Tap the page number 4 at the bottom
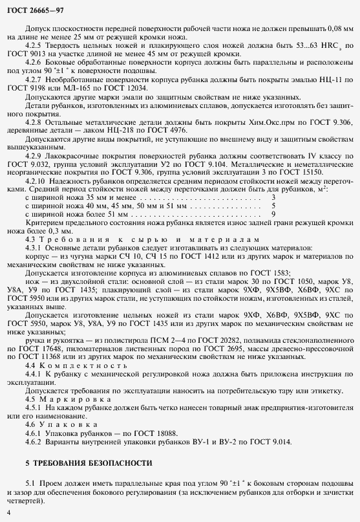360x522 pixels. click(x=8, y=512)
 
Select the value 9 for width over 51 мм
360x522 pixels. click(x=273, y=231)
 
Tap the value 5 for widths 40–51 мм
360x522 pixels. click(x=273, y=223)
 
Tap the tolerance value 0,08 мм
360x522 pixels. click(x=335, y=29)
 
